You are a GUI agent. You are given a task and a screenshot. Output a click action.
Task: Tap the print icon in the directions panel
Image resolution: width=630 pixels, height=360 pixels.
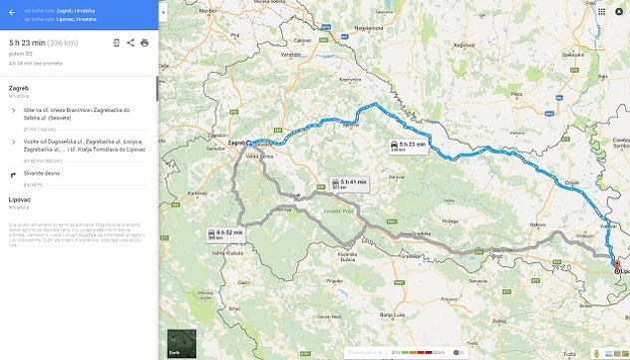pyautogui.click(x=145, y=43)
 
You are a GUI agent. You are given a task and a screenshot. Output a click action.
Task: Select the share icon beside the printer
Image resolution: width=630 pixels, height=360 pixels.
pyautogui.click(x=131, y=43)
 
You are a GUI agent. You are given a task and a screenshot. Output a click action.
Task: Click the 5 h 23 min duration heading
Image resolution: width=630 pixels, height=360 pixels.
pyautogui.click(x=27, y=43)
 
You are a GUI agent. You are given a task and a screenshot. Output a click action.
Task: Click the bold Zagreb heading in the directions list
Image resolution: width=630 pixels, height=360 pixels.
pyautogui.click(x=18, y=89)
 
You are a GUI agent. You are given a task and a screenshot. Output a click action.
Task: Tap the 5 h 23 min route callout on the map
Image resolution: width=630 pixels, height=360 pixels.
pyautogui.click(x=407, y=147)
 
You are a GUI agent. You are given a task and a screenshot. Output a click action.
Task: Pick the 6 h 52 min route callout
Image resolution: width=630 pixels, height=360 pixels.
pyautogui.click(x=224, y=233)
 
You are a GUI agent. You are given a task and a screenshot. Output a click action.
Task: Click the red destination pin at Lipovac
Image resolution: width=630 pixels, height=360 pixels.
pyautogui.click(x=617, y=265)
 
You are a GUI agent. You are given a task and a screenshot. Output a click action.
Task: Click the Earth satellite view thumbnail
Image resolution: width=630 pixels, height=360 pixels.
pyautogui.click(x=181, y=342)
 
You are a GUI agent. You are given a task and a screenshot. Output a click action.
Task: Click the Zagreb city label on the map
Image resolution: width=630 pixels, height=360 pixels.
pyautogui.click(x=235, y=143)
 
